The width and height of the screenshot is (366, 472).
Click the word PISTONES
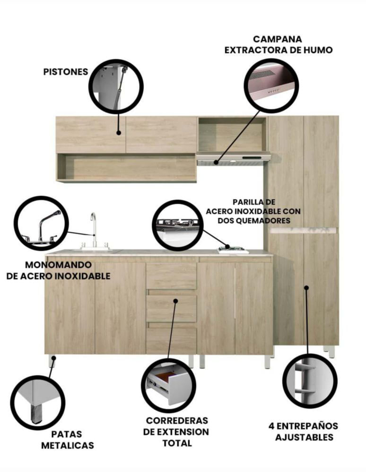66,72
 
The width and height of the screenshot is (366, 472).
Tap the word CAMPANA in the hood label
278,39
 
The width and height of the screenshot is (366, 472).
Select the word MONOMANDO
58,265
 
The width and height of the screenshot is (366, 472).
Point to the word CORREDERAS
177,420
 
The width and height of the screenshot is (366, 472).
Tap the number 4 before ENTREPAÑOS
271,426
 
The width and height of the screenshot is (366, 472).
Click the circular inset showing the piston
116,86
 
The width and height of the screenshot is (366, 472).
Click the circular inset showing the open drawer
168,386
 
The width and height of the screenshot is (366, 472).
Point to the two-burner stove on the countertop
233,250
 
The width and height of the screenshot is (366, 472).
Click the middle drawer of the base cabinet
171,309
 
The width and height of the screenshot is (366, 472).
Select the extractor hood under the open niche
233,159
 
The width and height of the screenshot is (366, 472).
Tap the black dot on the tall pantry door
306,287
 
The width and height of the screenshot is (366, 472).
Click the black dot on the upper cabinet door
119,133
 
